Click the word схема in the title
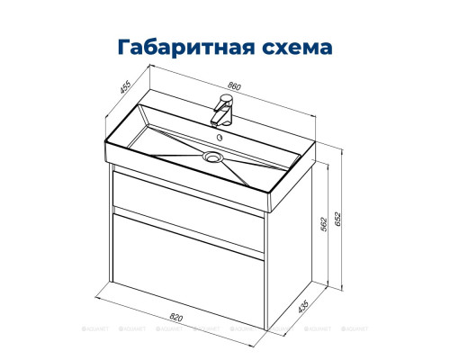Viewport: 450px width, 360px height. (x=295, y=45)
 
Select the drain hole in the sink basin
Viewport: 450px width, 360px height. (x=213, y=157)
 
